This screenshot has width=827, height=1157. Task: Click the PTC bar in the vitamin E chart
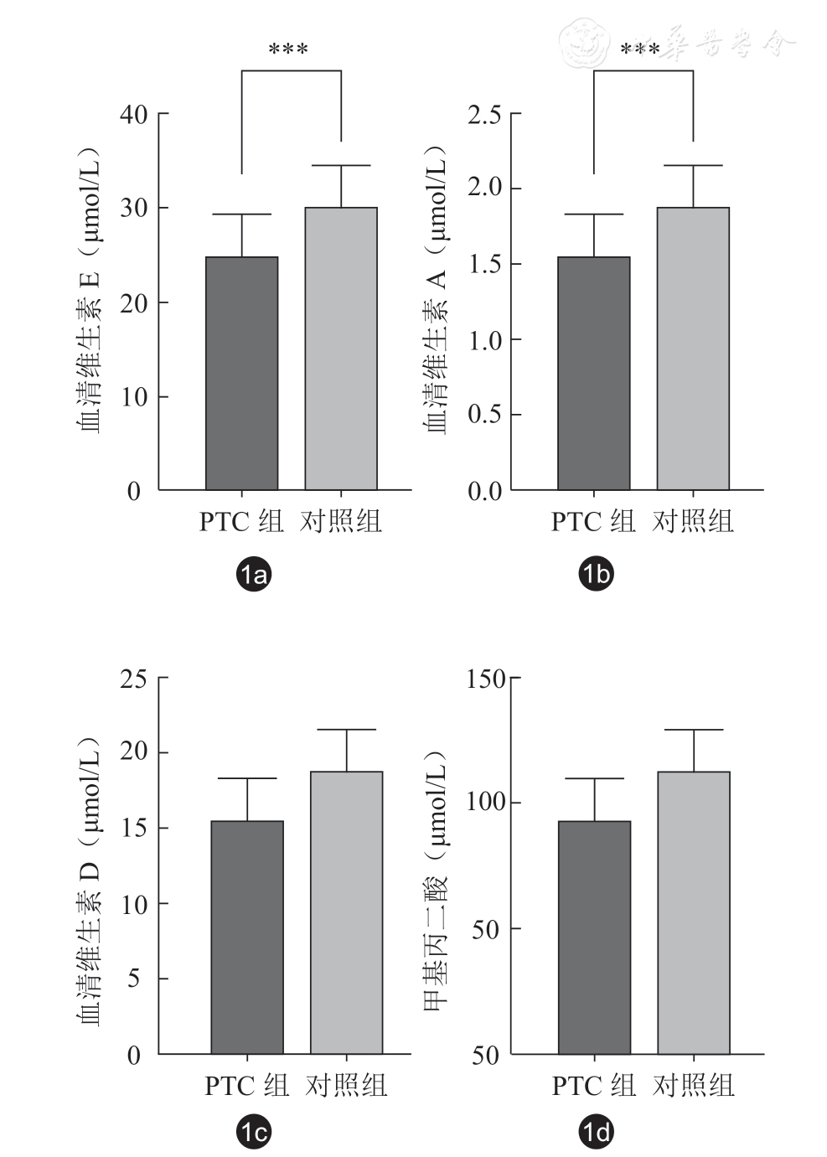click(x=241, y=373)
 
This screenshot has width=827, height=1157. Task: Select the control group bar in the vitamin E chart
click(x=340, y=349)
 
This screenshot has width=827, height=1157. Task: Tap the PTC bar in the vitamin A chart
click(x=593, y=373)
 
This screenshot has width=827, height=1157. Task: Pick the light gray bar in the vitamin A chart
click(x=692, y=349)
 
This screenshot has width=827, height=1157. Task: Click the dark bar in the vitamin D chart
click(x=247, y=937)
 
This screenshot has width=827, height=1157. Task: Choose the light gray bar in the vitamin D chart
click(x=346, y=912)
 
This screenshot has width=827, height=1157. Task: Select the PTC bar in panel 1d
click(x=594, y=937)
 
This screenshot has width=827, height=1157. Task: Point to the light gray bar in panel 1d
click(x=693, y=912)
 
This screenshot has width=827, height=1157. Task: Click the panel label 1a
click(x=254, y=574)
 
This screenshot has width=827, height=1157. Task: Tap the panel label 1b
click(x=596, y=574)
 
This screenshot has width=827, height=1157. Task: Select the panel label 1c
click(x=254, y=1133)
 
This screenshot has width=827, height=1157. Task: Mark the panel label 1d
click(x=596, y=1133)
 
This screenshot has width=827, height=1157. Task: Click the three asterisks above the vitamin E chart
click(x=288, y=50)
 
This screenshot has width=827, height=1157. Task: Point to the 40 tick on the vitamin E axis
click(x=134, y=114)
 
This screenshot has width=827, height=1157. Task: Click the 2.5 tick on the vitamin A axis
click(x=484, y=114)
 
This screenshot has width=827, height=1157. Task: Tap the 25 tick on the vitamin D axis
click(x=134, y=678)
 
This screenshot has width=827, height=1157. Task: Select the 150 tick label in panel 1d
click(x=486, y=678)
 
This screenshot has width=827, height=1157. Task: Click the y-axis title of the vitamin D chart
click(x=90, y=880)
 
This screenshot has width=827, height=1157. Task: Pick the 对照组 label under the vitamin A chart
click(x=693, y=521)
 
